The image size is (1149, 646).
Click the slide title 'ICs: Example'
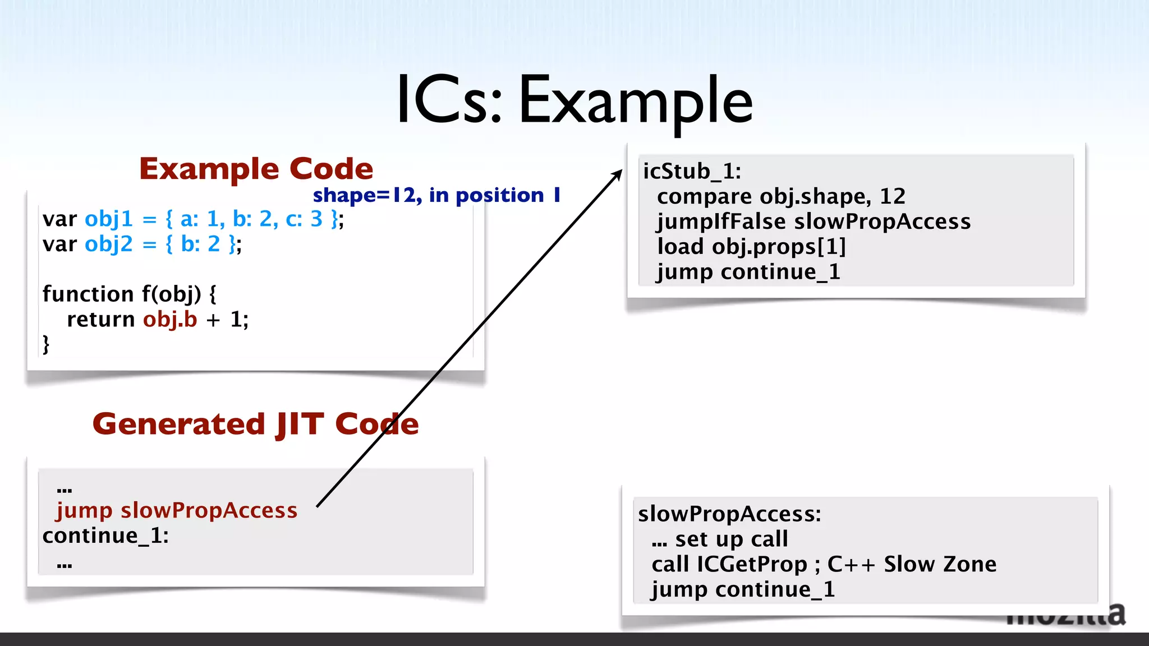pyautogui.click(x=574, y=101)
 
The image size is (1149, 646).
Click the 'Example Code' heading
pyautogui.click(x=256, y=169)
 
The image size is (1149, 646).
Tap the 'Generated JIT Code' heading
pyautogui.click(x=256, y=424)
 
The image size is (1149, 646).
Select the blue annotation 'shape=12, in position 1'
pyautogui.click(x=436, y=195)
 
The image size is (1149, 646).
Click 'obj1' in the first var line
pyautogui.click(x=109, y=219)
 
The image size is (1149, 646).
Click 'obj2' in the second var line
pyautogui.click(x=109, y=244)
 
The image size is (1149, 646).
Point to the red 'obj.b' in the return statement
pyautogui.click(x=170, y=320)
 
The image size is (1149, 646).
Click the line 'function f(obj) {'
pyautogui.click(x=129, y=294)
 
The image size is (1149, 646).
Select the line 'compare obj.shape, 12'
pyautogui.click(x=781, y=197)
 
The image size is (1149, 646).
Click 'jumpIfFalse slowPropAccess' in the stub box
pyautogui.click(x=814, y=222)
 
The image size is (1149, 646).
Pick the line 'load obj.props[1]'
pyautogui.click(x=751, y=247)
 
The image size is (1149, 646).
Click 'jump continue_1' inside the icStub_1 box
pyautogui.click(x=748, y=273)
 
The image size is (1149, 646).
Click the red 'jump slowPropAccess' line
pyautogui.click(x=177, y=511)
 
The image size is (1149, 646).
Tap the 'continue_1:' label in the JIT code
pyautogui.click(x=105, y=536)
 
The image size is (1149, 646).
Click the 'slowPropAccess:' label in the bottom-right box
pyautogui.click(x=729, y=514)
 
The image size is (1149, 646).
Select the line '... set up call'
pyautogui.click(x=720, y=539)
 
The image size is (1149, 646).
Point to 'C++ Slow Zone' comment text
pyautogui.click(x=912, y=565)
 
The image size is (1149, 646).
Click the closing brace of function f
pyautogui.click(x=46, y=344)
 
